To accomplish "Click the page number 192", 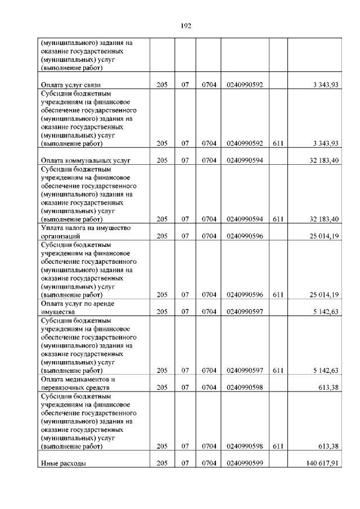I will coord(187,25).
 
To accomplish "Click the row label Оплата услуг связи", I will coord(68,84).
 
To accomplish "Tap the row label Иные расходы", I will coord(63,464).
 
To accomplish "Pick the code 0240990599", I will coord(245,464).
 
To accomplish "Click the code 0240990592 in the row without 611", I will coord(245,84).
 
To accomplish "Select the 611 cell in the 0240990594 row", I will coord(277,219).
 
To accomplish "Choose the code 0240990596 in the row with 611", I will coord(245,294).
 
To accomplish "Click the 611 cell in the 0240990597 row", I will coord(277,370).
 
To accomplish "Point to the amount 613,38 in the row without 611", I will coord(329,387).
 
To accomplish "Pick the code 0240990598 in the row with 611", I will coord(245,446).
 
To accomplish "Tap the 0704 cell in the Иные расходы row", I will coord(209,464).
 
